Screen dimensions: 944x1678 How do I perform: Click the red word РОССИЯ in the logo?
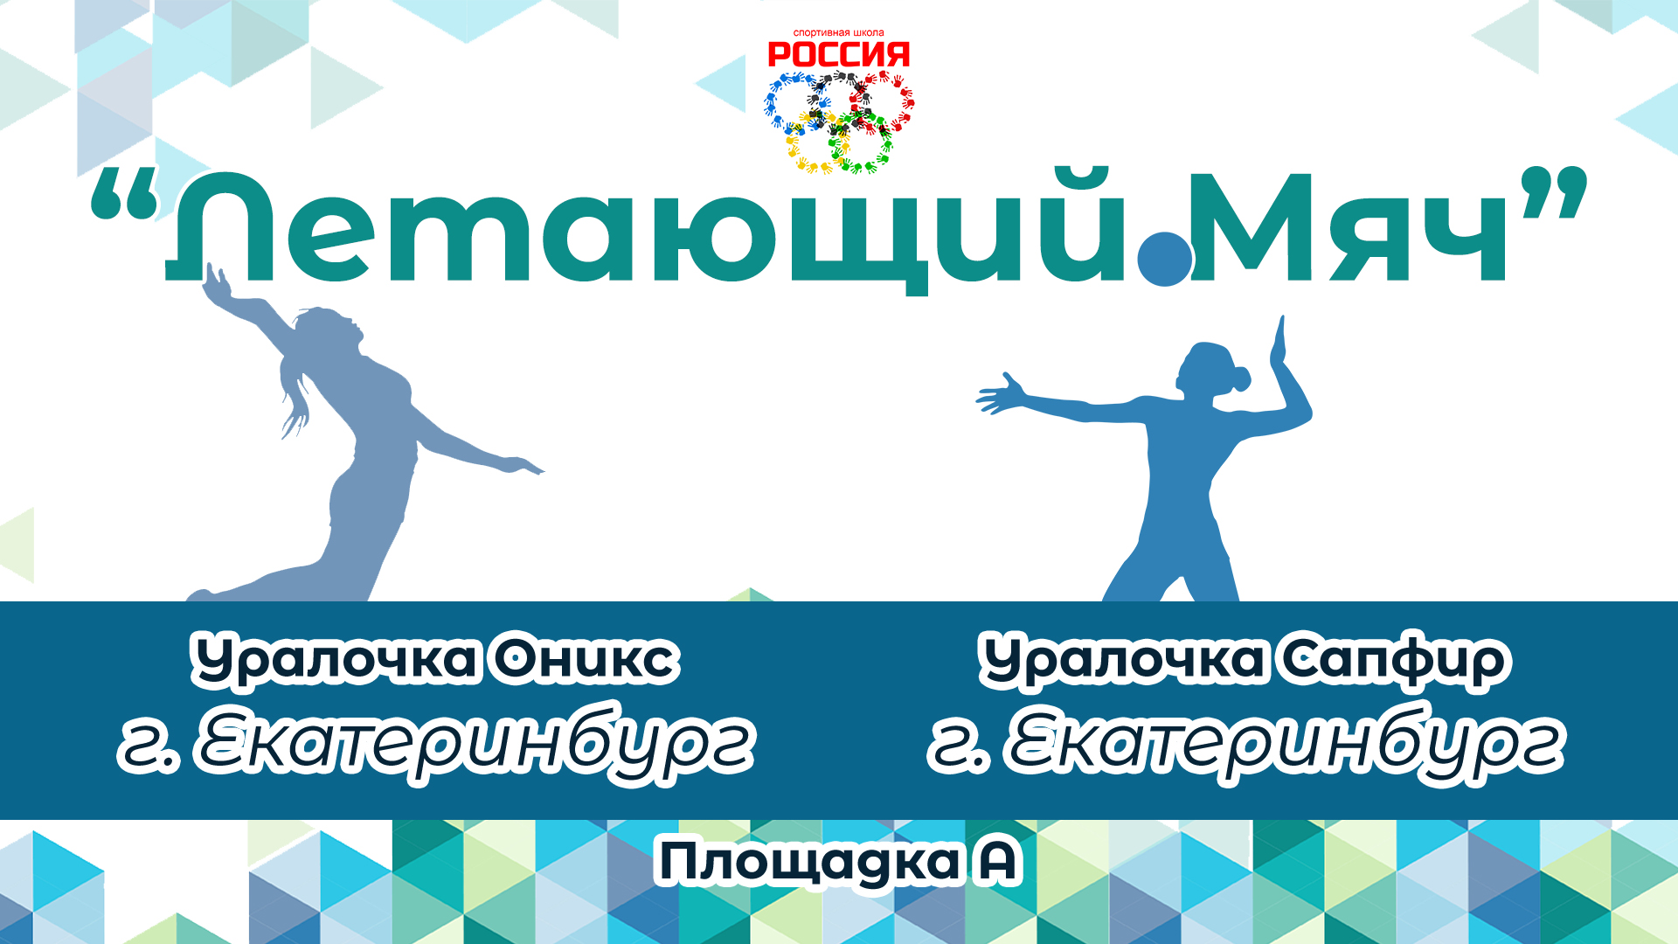click(838, 55)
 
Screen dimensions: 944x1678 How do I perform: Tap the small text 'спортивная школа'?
click(838, 33)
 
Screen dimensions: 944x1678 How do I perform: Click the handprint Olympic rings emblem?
click(839, 122)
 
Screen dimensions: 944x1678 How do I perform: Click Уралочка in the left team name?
click(334, 660)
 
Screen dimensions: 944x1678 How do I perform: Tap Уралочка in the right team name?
click(1121, 660)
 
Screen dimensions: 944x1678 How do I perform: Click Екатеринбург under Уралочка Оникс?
click(476, 743)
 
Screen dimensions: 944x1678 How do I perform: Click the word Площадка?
click(808, 863)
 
